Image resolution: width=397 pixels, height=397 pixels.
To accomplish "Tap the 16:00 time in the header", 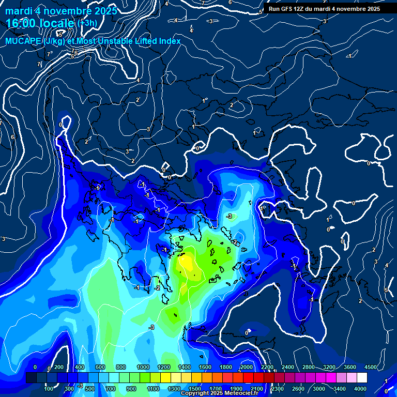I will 20,23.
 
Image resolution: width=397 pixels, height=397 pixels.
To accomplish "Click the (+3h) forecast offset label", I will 86,23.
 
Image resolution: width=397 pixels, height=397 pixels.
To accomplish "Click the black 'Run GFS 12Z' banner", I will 324,9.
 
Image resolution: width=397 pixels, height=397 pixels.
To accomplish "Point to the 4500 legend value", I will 370,367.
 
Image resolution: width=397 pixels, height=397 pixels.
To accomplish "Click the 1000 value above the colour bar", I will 143,367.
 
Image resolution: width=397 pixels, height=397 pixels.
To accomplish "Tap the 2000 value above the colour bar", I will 246,367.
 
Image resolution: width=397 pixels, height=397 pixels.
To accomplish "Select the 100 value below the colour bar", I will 49,389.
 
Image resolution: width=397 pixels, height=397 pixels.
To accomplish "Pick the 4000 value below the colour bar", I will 360,389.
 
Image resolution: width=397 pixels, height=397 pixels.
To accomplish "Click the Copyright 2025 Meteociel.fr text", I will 219,393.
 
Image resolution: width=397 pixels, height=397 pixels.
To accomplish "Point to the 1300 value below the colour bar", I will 174,389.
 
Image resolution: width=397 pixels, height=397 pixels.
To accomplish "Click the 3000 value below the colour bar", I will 318,389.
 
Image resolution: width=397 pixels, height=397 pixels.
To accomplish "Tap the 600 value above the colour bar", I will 100,367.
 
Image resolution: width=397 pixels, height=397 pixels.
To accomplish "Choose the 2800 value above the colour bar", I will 308,367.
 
